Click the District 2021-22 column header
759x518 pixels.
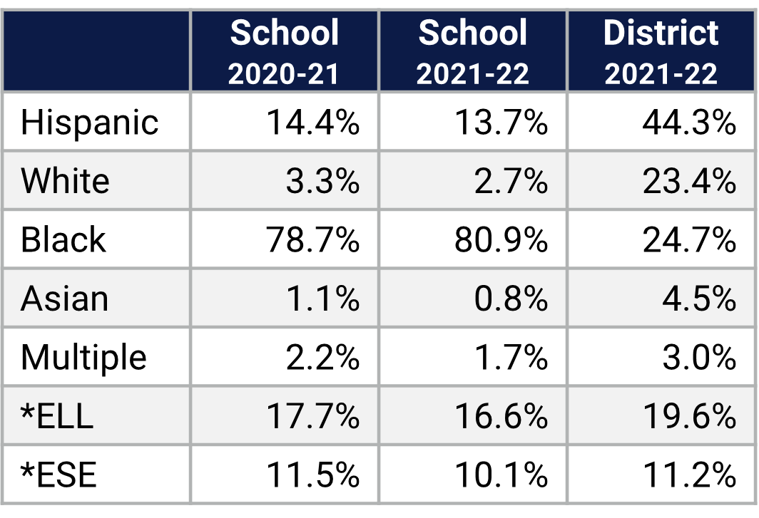(661, 52)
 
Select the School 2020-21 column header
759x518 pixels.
(285, 52)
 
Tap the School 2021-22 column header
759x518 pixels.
(473, 52)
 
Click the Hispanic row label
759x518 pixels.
(89, 123)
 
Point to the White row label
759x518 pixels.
(65, 181)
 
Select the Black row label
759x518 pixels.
(63, 240)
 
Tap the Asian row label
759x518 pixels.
(64, 299)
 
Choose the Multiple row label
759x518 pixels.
(83, 357)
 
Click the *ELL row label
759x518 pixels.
(57, 416)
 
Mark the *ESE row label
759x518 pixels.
(58, 475)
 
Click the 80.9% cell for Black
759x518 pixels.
(501, 240)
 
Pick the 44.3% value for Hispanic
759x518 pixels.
(689, 123)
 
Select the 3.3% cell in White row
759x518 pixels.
(322, 181)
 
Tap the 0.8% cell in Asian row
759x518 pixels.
(511, 299)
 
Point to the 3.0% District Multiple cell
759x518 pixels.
(699, 357)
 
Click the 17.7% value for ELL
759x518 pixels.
(313, 416)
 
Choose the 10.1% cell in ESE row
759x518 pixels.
(501, 475)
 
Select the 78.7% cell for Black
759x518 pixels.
(313, 240)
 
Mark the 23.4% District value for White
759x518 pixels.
(689, 181)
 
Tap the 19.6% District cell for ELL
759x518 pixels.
(689, 416)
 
